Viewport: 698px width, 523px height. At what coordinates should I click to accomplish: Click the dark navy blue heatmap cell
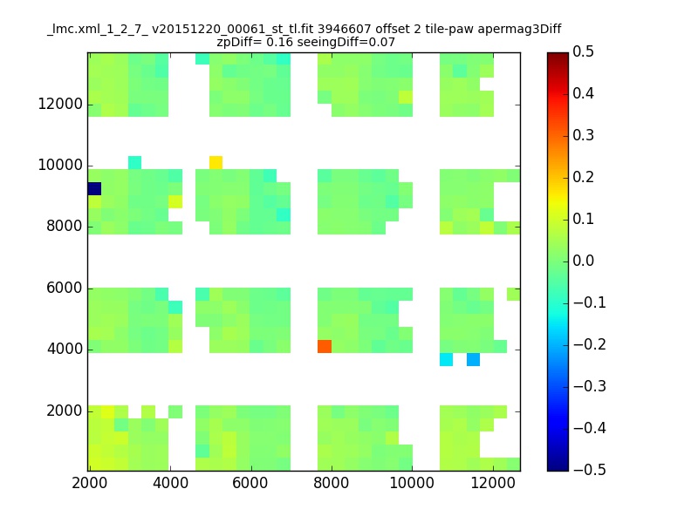tap(95, 188)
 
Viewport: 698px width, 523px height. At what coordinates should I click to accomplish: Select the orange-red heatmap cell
tap(325, 346)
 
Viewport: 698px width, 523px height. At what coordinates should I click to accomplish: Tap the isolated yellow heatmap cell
tap(216, 162)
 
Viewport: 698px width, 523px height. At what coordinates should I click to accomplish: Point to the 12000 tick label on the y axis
tap(60, 104)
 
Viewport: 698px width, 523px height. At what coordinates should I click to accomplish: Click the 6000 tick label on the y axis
tap(64, 288)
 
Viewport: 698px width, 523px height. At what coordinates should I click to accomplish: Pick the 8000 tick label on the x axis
tap(331, 483)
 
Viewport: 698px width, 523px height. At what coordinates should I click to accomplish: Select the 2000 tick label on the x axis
tap(90, 483)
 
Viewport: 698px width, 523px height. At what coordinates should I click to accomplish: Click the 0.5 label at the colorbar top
tap(583, 51)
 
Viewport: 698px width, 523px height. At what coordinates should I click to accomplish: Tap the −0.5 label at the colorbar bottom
tap(590, 470)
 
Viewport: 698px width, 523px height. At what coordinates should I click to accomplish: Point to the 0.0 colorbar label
tap(583, 261)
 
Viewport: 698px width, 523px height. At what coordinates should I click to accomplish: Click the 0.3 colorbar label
tap(583, 135)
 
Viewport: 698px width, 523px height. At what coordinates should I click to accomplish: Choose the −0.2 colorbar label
tap(590, 344)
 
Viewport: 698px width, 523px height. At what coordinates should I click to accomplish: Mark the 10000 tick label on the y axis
tap(60, 165)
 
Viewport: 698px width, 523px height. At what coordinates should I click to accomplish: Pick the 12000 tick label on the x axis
tap(493, 483)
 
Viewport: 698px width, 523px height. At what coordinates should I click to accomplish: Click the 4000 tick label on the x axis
tap(170, 483)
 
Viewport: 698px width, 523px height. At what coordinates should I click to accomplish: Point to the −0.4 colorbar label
tap(590, 428)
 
